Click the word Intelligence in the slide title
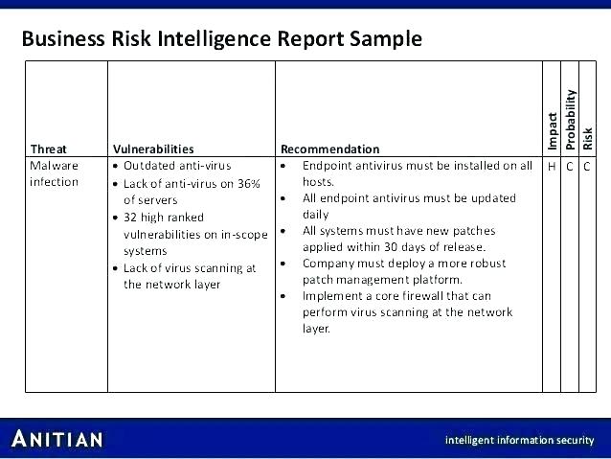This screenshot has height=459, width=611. (214, 39)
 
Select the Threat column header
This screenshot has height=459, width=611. (48, 149)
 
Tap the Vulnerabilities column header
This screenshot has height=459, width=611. (153, 149)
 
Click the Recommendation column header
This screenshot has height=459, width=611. (330, 149)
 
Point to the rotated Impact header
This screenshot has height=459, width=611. (552, 131)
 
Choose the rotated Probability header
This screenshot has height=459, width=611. (571, 120)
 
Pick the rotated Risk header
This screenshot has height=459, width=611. (588, 139)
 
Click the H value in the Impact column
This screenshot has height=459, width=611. (552, 167)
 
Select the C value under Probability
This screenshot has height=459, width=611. (570, 167)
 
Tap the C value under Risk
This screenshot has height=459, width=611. (587, 167)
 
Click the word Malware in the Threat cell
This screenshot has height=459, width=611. (55, 166)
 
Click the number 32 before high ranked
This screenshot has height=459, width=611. (130, 218)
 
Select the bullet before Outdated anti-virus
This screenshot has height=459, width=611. (115, 166)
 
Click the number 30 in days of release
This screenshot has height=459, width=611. (391, 247)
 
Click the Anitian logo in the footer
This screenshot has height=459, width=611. (57, 439)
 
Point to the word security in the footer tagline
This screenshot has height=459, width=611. (575, 440)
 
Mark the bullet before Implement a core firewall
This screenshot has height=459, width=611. (283, 296)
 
